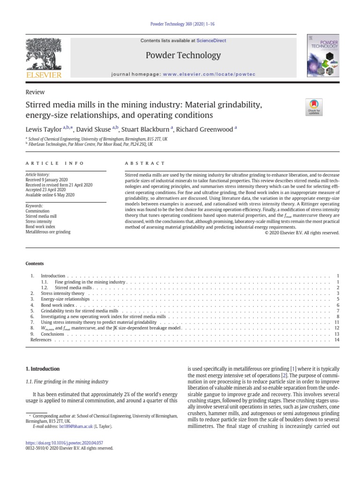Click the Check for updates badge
[313, 106]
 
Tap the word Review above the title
[35, 92]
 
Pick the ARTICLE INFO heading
[54, 163]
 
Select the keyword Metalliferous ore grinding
[48, 231]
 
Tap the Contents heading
[35, 264]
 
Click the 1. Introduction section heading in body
[42, 369]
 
